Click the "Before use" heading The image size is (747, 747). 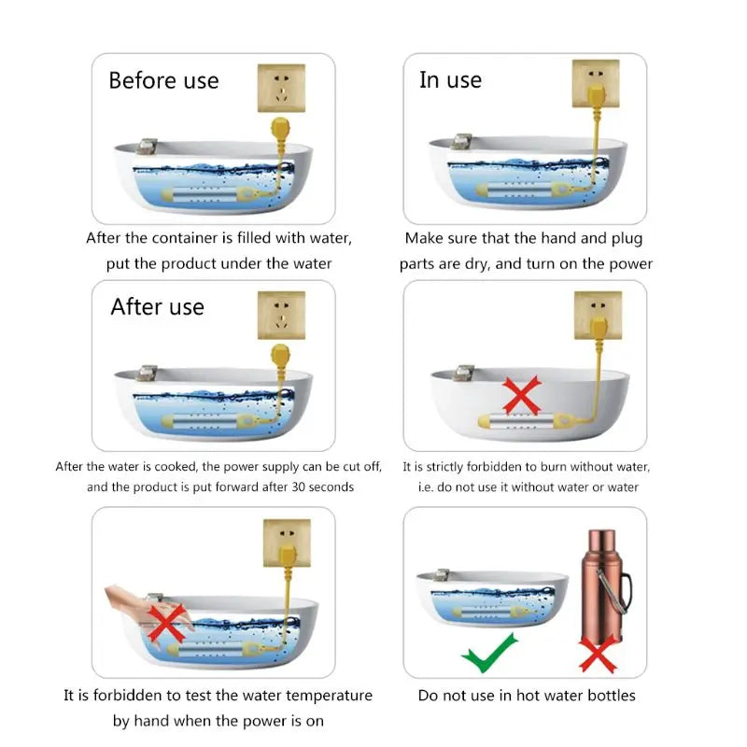pos(163,80)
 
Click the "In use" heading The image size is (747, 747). pos(450,80)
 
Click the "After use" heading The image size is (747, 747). pos(157,307)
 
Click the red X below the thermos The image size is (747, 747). pos(597,651)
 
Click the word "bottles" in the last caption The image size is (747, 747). pos(609,696)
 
